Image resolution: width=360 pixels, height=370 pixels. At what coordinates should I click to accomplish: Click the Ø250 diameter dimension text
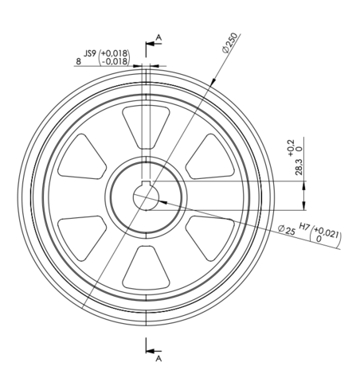(230, 43)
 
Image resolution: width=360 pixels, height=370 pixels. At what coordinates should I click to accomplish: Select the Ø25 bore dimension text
(287, 230)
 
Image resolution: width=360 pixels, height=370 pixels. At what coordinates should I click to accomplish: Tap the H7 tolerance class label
(304, 227)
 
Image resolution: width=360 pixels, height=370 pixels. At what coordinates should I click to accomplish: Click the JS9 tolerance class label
(90, 53)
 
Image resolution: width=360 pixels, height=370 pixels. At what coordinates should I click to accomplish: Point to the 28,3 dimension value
(299, 167)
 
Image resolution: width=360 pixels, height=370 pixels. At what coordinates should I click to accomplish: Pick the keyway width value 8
(79, 61)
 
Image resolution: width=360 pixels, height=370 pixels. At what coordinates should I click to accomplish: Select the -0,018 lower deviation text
(115, 61)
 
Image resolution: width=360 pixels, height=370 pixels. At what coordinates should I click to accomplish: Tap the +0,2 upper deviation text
(291, 148)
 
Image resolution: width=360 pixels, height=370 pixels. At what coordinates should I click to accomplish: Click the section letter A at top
(158, 37)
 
